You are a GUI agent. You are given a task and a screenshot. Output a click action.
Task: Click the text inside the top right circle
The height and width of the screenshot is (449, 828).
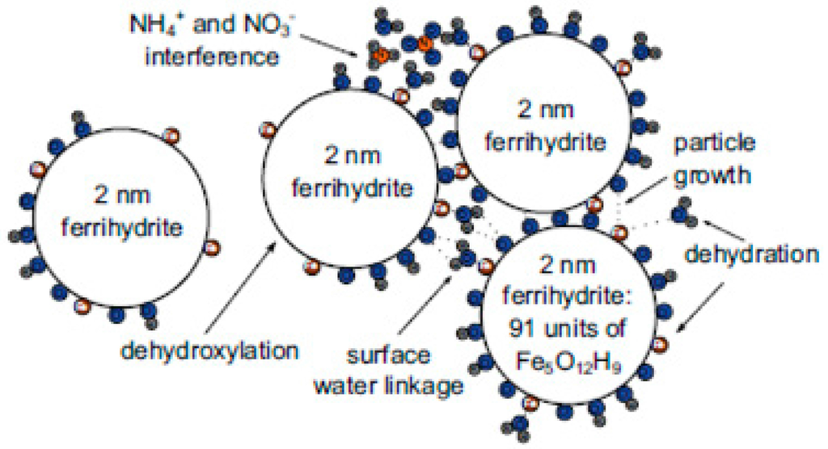tap(543, 128)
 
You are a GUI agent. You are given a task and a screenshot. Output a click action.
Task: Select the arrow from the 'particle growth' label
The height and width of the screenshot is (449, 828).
tap(648, 188)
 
